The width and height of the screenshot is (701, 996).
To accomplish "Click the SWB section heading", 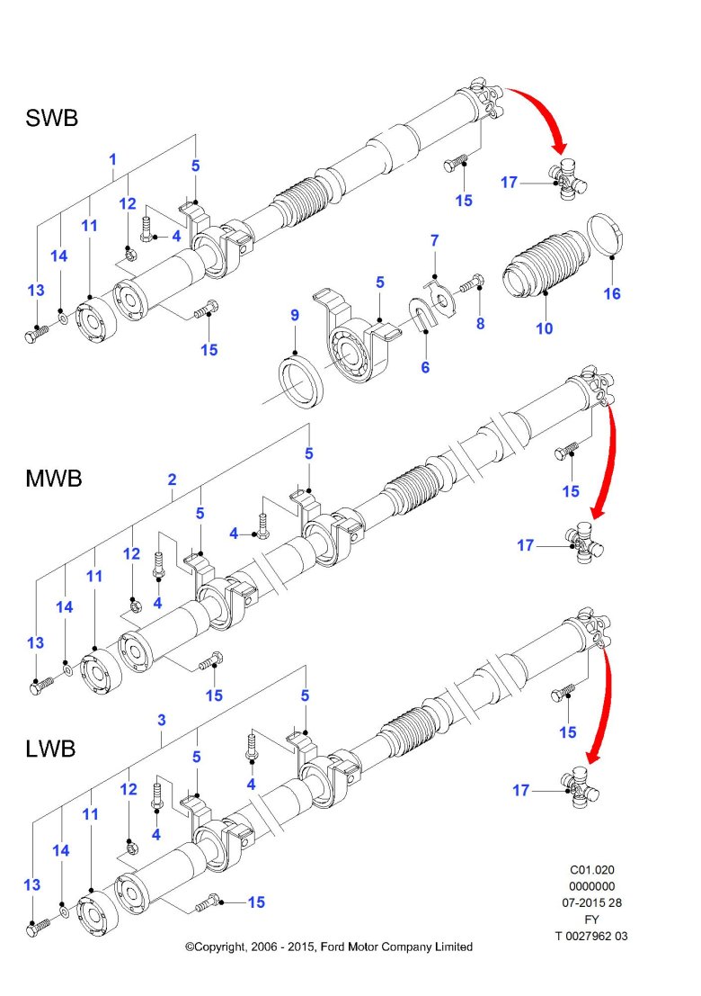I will coord(51,118).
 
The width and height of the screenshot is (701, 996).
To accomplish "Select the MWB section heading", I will coord(53,479).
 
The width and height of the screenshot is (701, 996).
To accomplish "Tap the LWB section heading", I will coord(50,749).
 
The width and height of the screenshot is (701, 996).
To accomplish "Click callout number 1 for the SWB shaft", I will coord(112,159).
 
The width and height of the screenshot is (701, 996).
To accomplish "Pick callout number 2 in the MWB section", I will coord(172,480).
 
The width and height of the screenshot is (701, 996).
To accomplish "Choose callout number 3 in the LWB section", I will coord(161,720).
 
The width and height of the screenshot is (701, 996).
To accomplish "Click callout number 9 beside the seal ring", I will coord(294,315).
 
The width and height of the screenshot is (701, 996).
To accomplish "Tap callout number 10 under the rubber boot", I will coord(545,328).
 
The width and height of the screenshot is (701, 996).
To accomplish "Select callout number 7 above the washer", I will coord(434,240).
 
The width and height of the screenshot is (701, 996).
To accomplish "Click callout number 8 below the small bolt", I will coord(480,323).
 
